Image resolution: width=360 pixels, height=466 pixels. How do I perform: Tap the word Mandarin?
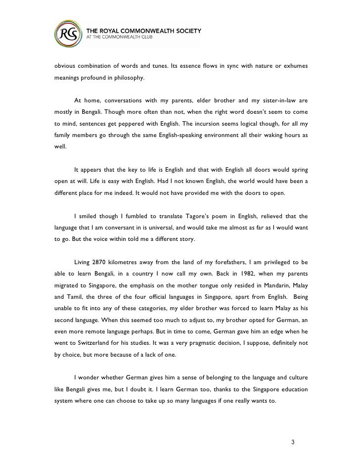pyautogui.click(x=267, y=285)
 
